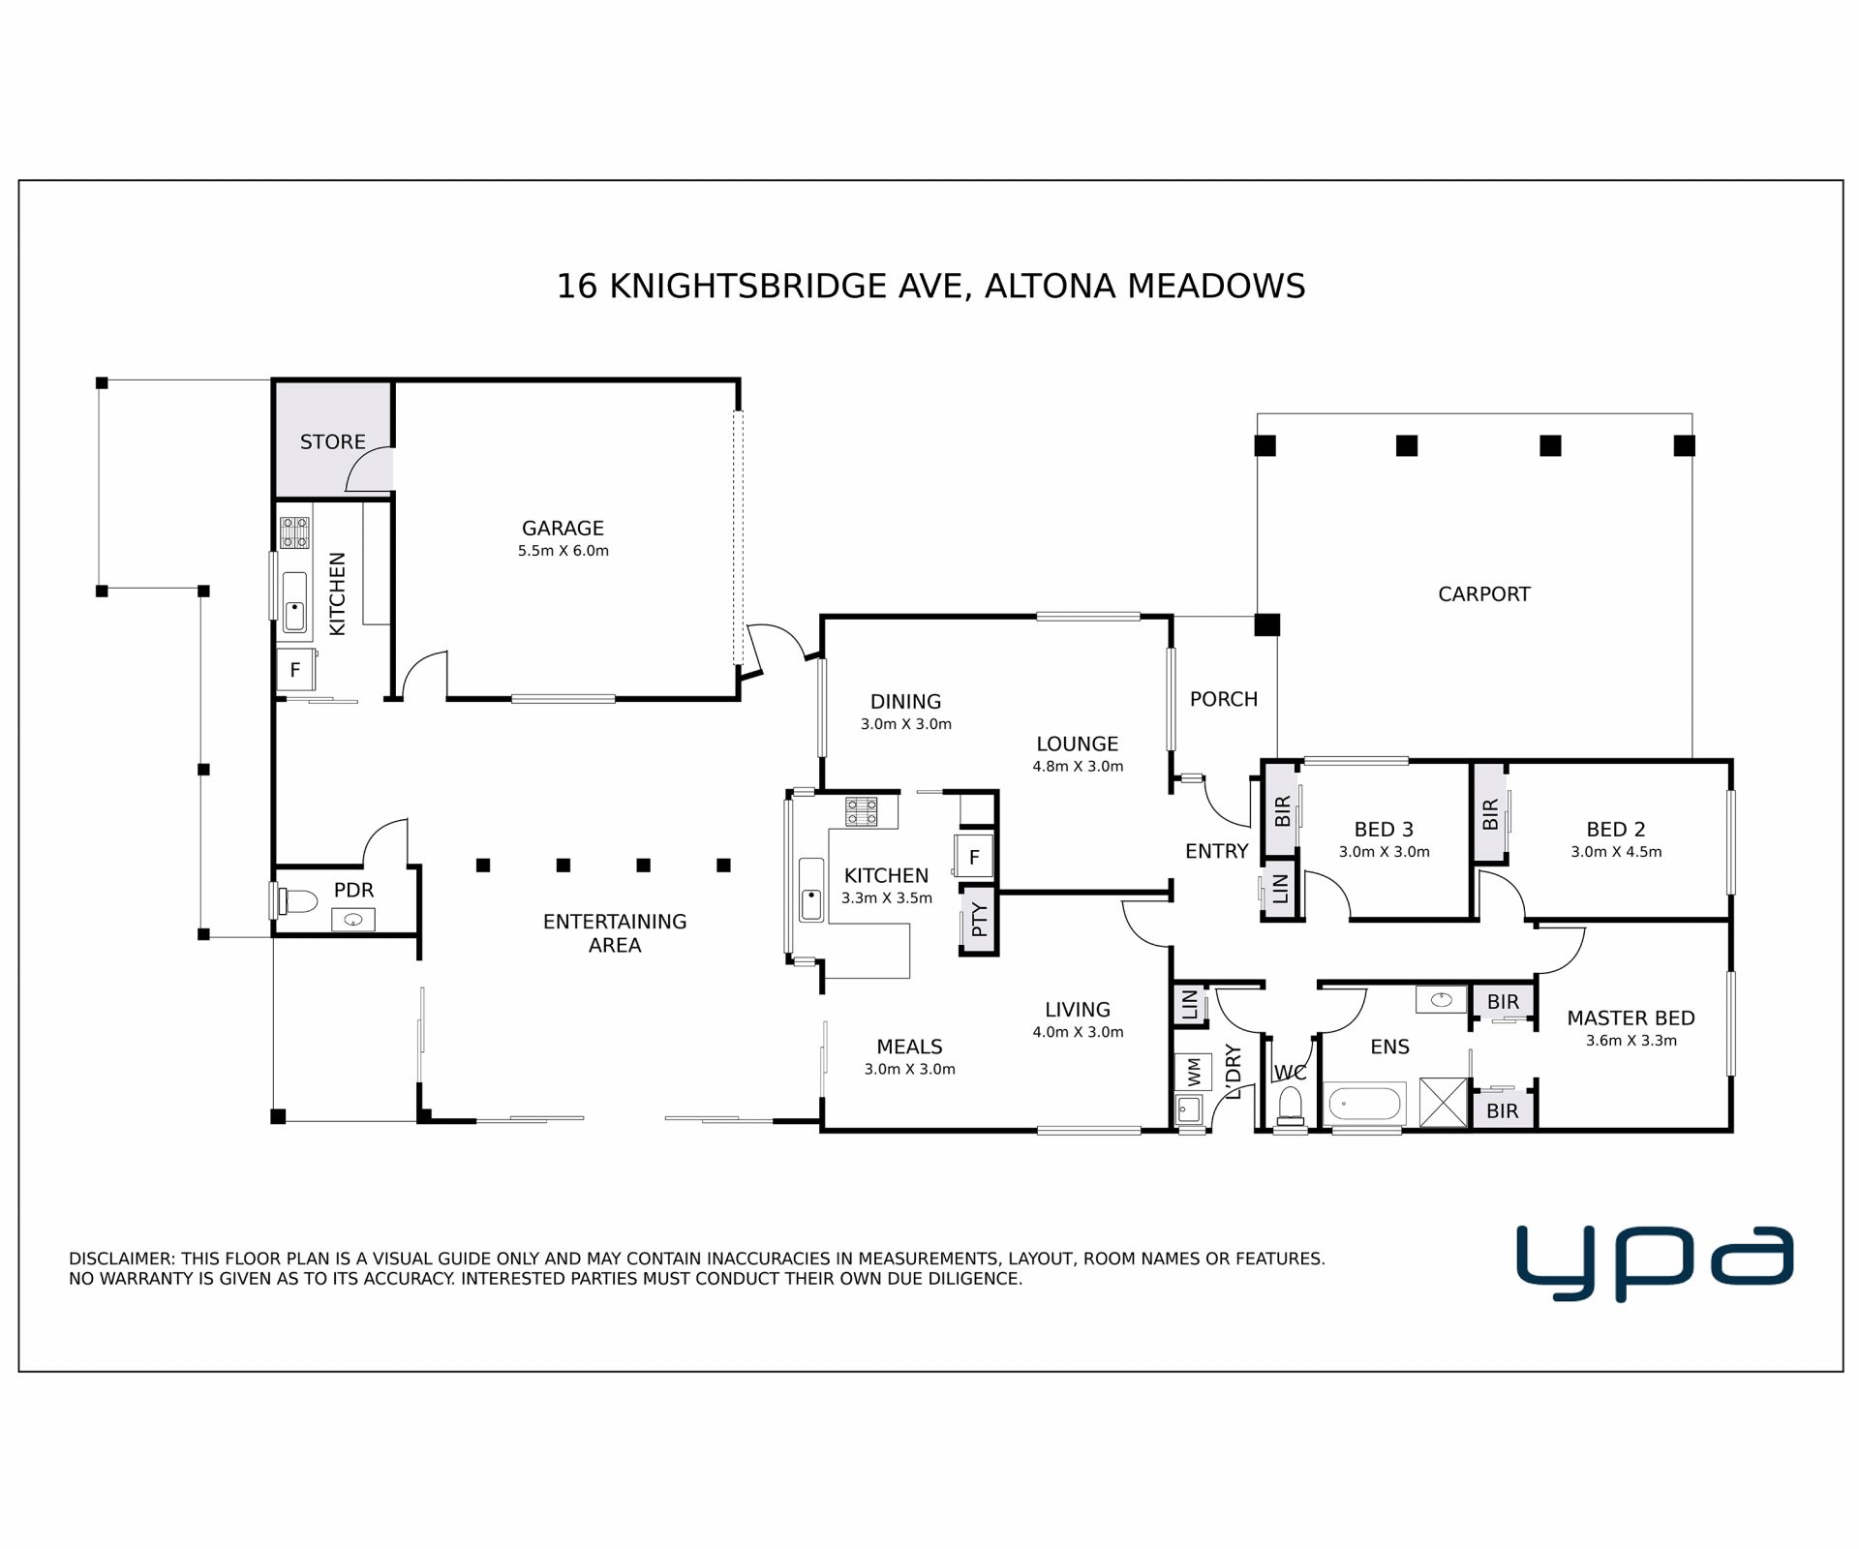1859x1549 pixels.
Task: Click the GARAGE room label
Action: coord(563,529)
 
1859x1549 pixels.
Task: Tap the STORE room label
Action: coord(332,442)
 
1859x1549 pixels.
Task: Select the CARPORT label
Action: coord(1483,594)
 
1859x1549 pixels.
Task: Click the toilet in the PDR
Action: coord(297,901)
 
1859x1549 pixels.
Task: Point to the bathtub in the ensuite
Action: coord(1364,1104)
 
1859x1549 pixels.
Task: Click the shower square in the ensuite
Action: coord(1444,1102)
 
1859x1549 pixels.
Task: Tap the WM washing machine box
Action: coord(1193,1072)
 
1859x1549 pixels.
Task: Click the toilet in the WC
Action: coord(1290,1106)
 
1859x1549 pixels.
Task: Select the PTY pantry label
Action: coord(979,919)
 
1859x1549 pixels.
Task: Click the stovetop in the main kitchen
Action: coord(861,811)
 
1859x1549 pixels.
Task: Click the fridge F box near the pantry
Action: coord(974,856)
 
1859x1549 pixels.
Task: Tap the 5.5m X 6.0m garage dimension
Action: coord(563,551)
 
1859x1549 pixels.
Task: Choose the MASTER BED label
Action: coord(1630,1018)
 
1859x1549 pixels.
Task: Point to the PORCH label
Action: coord(1224,699)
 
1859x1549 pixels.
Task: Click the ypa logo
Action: coord(1655,1262)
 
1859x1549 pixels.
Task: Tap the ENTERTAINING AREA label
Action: coord(615,933)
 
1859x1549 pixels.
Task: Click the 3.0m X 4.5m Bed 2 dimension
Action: coord(1616,852)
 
